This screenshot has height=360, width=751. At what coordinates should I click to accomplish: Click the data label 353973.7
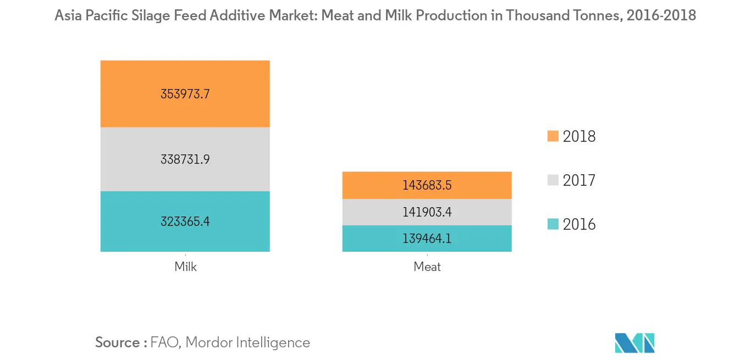coord(185,93)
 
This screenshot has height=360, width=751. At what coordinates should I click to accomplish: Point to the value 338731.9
coord(185,159)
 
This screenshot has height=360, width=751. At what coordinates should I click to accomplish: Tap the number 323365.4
coord(185,221)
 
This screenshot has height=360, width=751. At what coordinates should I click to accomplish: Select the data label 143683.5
coord(427,185)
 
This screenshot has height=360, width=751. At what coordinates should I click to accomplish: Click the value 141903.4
coord(427,212)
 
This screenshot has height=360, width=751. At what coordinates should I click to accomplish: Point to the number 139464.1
coord(427,239)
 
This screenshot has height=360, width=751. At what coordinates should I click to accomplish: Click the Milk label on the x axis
coord(185,267)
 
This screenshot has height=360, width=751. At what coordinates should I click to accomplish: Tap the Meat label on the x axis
coord(427,267)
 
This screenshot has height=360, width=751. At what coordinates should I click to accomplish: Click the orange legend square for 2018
coord(553,136)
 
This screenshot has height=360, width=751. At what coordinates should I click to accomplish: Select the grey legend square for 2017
coord(553,180)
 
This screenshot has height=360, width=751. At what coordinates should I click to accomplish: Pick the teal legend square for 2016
coord(553,224)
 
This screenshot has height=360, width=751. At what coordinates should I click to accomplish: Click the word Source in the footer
coord(118,342)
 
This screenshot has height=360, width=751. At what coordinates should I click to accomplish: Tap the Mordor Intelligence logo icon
coord(635,343)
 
